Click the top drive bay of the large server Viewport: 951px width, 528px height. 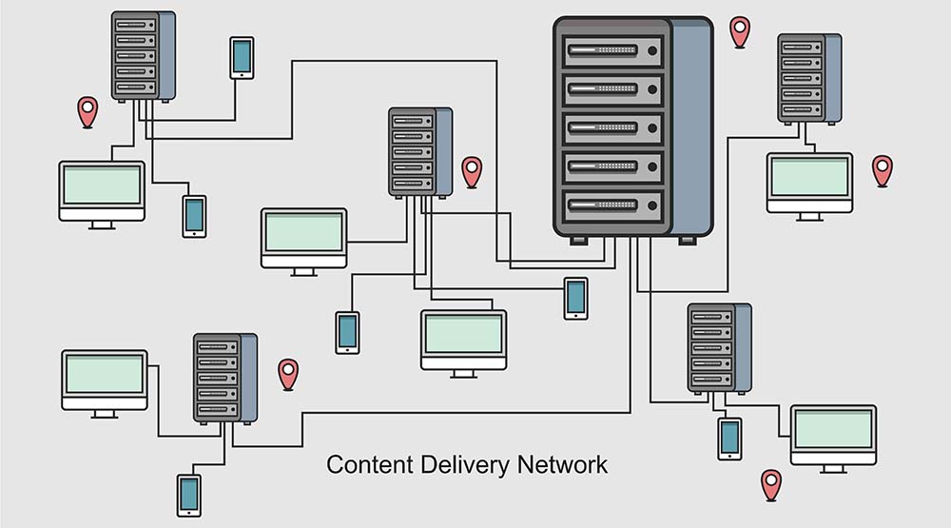point(612,50)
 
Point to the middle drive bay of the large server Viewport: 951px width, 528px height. point(612,127)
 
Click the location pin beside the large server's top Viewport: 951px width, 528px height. point(740,31)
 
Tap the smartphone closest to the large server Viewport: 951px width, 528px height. point(575,298)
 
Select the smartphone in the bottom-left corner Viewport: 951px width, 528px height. point(189,495)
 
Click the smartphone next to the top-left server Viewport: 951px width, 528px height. point(242,57)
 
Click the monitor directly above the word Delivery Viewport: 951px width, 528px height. point(463,339)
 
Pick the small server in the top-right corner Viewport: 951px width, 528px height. point(808,78)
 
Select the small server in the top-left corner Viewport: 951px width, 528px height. point(143,55)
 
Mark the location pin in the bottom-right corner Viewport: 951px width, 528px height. point(771,484)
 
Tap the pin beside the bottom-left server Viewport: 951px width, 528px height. point(288,373)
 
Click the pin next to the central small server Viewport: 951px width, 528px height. point(472,171)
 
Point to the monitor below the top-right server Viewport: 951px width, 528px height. point(809,183)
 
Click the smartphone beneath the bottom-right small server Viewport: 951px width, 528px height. point(729,438)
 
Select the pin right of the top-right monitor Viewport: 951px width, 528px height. point(883,169)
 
